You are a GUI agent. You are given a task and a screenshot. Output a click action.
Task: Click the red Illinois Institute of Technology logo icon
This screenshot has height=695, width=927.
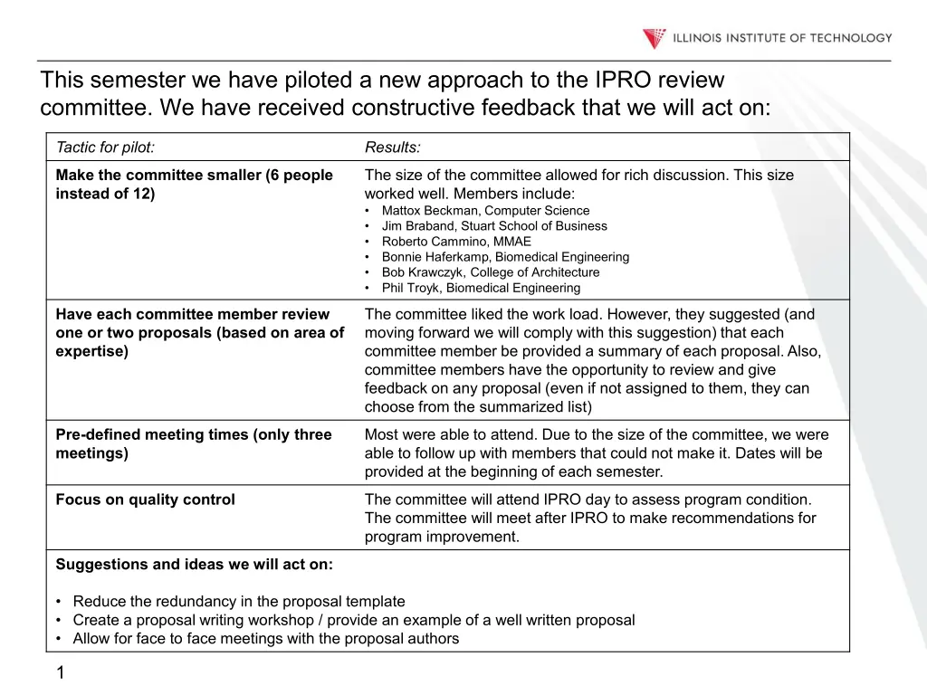pos(654,38)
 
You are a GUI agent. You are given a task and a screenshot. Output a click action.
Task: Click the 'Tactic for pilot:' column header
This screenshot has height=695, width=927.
pos(105,148)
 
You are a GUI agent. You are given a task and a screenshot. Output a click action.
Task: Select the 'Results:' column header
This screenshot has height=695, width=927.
pos(392,148)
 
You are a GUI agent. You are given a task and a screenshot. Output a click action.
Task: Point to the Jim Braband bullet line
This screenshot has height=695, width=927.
pos(494,226)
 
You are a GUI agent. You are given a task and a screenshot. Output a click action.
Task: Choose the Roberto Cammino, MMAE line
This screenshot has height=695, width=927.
pos(456,242)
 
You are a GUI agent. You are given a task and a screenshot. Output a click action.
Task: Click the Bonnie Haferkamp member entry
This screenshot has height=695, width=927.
pos(505,257)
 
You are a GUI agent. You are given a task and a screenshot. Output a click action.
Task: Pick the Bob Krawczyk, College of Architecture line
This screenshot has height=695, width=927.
pos(490,272)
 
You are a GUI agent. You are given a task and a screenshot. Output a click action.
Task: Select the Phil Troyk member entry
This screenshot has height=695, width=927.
pos(481,288)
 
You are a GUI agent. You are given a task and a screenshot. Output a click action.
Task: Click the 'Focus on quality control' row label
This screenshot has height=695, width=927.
pos(145,500)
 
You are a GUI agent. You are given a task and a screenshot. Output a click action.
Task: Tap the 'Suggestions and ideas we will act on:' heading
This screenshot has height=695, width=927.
pos(194,565)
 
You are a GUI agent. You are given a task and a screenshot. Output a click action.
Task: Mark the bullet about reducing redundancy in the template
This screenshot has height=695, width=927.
pos(239,601)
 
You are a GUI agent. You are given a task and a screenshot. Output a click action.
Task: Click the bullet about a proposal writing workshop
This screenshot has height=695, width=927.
pos(353,620)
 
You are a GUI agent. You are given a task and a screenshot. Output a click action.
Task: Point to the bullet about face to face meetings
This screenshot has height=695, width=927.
pos(265,639)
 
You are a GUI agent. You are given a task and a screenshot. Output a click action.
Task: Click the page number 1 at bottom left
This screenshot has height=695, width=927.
pos(60,671)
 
